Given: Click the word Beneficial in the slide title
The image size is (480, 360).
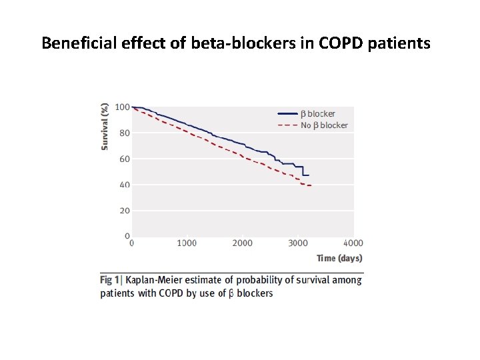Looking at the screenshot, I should pos(74,43).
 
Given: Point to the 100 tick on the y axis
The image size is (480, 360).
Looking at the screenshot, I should pos(122,107).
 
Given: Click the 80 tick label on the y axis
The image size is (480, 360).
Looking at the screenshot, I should pos(124,133).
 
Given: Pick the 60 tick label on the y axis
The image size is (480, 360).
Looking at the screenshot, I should pos(124,159).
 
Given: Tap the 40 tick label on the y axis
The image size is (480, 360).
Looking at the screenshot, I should pos(124,185).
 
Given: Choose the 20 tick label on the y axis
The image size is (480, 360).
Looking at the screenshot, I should pos(124,211).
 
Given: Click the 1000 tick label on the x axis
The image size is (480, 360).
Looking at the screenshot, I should pos(187,243).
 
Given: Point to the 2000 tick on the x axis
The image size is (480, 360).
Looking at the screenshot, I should pos(243,243).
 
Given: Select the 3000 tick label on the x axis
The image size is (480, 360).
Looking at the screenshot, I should pos(298,243).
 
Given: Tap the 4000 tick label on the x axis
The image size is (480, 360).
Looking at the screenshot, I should pos(353,243).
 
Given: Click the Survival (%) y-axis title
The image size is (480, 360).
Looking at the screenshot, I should pos(105,126).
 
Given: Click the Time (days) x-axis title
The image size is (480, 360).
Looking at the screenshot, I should pos(339,259).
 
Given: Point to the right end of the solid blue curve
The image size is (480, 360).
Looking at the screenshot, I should pos(309,175).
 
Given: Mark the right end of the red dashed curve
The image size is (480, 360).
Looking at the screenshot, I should pos(311,185).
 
